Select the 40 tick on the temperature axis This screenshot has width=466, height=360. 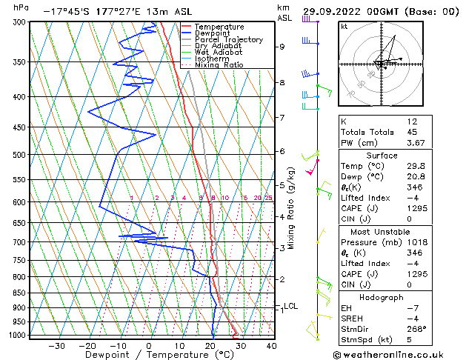[271, 345]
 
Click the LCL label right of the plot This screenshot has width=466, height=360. [291, 306]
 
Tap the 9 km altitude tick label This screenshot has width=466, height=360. [282, 47]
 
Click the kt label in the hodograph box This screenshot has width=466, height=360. [344, 26]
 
